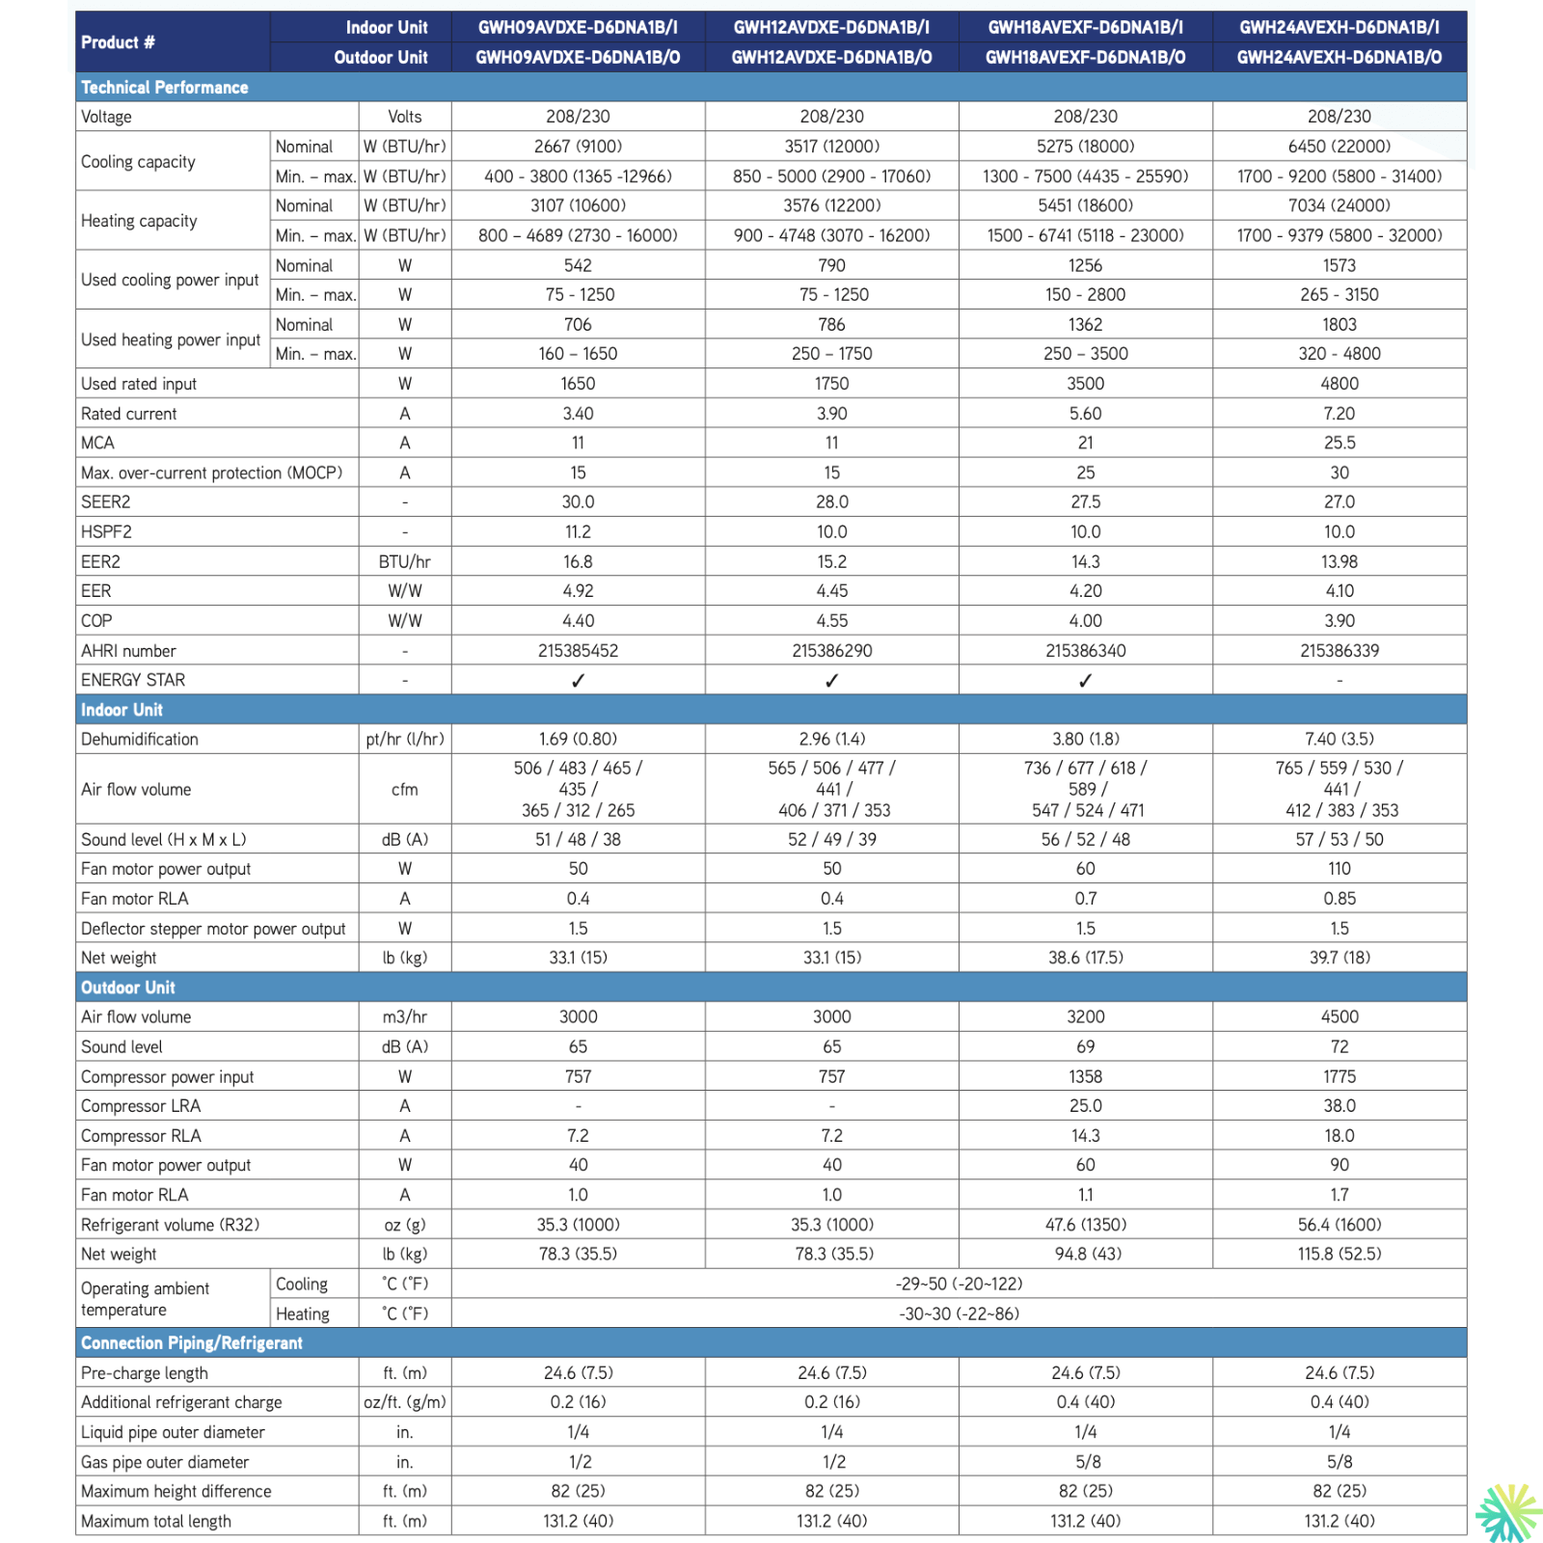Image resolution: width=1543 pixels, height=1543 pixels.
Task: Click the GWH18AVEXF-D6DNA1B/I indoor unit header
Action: point(1085,27)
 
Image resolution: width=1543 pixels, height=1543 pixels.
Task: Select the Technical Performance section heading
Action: point(164,88)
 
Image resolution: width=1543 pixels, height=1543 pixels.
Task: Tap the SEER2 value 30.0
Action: point(578,502)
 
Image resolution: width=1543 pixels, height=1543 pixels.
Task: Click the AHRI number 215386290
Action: point(831,651)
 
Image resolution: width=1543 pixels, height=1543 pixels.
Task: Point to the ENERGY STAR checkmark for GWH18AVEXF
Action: point(1085,681)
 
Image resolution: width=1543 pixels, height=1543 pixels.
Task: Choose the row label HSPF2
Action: point(106,532)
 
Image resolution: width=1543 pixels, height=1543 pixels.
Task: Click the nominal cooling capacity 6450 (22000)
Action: point(1339,147)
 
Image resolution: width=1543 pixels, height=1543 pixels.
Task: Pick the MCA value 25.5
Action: point(1339,444)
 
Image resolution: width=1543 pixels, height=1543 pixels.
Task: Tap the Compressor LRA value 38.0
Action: point(1339,1106)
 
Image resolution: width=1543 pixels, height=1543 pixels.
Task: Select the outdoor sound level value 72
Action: point(1339,1047)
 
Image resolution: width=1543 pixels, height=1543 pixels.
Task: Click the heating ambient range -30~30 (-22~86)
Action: point(959,1314)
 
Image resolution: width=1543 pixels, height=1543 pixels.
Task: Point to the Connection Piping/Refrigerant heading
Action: point(191,1343)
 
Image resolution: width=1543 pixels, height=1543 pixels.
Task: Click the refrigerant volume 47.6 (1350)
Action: point(1085,1225)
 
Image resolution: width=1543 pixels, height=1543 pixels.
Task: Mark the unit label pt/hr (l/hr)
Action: point(405,740)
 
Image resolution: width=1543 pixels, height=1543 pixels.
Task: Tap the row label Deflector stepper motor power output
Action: point(213,929)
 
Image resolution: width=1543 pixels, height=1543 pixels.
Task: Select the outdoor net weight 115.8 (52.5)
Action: point(1339,1255)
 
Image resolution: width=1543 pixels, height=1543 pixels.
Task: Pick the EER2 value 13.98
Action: point(1339,562)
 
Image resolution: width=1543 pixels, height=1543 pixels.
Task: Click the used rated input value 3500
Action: point(1085,384)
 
